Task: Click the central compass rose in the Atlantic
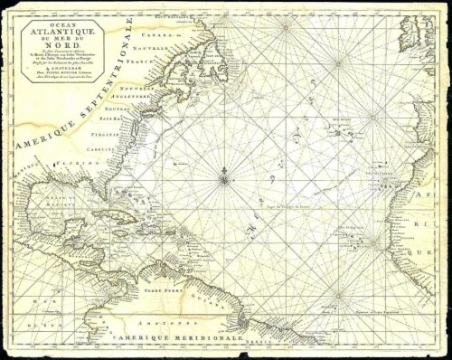pyautogui.click(x=223, y=179)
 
